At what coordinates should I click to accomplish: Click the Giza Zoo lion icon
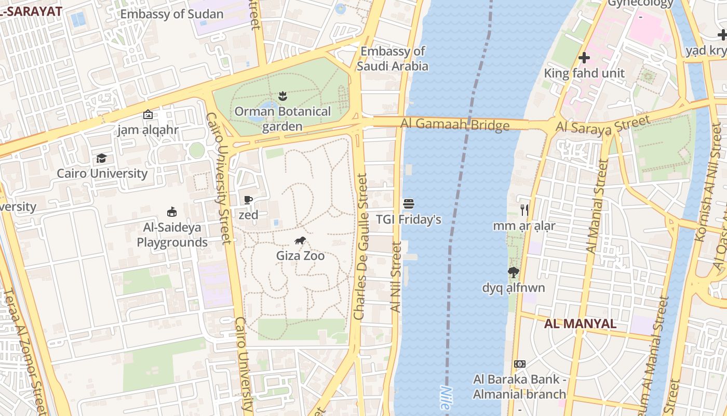[x=300, y=240]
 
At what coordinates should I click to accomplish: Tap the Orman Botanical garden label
[x=282, y=119]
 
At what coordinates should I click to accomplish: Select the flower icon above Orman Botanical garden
[x=282, y=96]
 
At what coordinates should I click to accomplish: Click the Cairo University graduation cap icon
[x=102, y=158]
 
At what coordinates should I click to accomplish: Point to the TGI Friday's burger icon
[x=409, y=204]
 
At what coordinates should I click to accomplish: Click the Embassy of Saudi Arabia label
[x=393, y=58]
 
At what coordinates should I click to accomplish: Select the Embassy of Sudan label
[x=172, y=14]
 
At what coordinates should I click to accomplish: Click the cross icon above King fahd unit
[x=584, y=58]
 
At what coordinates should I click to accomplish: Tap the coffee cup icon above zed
[x=248, y=200]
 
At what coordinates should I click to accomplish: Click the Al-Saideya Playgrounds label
[x=172, y=235]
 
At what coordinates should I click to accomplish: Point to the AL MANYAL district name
[x=580, y=323]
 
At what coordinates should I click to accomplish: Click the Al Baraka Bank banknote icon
[x=519, y=364]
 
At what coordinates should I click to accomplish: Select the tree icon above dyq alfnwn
[x=514, y=272]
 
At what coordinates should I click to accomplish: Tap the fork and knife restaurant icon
[x=524, y=210]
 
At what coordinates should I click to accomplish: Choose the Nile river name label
[x=445, y=398]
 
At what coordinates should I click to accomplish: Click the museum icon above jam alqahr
[x=148, y=114]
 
